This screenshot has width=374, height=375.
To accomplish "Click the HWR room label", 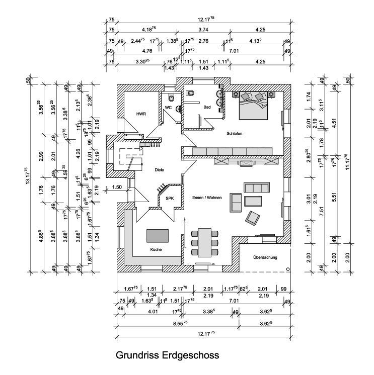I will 140,114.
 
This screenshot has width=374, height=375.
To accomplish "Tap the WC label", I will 168,108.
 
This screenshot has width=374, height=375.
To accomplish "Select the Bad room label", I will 207,107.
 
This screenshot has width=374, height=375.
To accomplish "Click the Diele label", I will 160,170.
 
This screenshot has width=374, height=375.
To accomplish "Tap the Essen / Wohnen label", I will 207,198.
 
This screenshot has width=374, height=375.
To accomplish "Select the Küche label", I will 156,249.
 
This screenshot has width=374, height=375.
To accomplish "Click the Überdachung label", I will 265,257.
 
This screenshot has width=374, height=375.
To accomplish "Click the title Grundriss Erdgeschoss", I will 168,355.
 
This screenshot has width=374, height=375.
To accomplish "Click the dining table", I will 205,241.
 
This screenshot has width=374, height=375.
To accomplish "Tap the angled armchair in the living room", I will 253,218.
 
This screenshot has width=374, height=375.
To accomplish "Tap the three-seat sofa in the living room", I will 256,187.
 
